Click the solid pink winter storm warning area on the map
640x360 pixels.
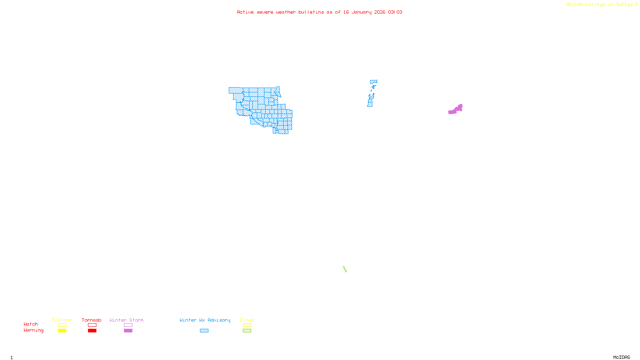point(455,110)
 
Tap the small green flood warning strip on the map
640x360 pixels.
point(345,269)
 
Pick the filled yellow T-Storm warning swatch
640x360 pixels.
point(62,330)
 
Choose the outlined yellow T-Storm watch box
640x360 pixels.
point(62,325)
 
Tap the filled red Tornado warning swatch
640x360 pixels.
point(92,330)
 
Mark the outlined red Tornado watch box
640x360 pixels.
point(92,325)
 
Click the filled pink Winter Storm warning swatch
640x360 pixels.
point(128,330)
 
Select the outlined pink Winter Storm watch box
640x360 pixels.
point(128,325)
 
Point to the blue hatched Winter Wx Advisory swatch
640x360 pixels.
point(204,330)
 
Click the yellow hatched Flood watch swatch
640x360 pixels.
point(247,325)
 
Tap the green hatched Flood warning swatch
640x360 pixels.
point(247,330)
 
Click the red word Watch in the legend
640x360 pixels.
point(31,324)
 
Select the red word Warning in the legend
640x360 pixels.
point(33,330)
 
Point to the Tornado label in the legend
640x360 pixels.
point(92,320)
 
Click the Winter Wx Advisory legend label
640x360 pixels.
point(205,320)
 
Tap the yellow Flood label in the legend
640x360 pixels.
point(247,320)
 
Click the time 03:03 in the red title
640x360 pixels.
point(395,12)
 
